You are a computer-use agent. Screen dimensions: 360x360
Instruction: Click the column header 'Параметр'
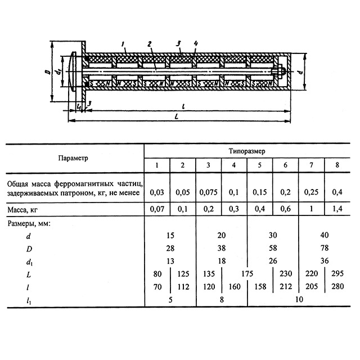[73, 158]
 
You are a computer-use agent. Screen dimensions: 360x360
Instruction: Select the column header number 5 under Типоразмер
[259, 165]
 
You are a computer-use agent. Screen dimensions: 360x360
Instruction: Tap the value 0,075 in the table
[209, 192]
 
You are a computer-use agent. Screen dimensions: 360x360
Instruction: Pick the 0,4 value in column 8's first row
[336, 192]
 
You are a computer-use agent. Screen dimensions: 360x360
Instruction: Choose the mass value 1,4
[336, 210]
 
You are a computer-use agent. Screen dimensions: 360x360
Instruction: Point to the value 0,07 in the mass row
[157, 210]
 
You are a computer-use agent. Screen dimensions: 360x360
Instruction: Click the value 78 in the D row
[323, 249]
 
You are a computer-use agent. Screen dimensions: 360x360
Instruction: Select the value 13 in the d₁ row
[170, 262]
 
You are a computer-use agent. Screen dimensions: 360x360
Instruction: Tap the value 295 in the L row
[336, 274]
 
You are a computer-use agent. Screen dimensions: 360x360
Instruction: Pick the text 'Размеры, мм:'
[29, 223]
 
